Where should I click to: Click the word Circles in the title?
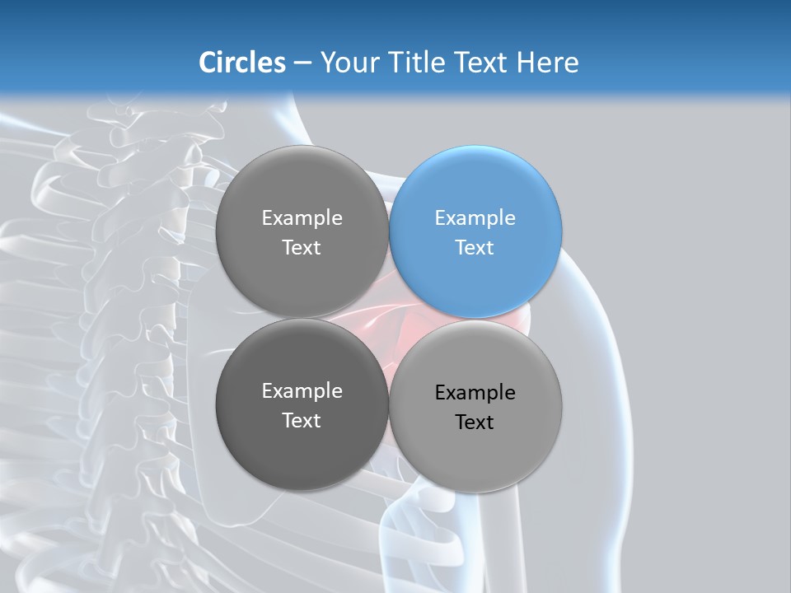(242, 63)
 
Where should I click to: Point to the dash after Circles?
(302, 63)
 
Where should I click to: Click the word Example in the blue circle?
(475, 218)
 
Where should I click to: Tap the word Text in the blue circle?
(475, 248)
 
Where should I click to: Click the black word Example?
(475, 393)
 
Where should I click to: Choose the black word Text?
(475, 423)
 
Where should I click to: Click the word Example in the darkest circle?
(302, 391)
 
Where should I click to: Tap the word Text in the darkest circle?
(302, 421)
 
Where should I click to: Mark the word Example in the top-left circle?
(302, 218)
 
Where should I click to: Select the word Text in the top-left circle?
(302, 248)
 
